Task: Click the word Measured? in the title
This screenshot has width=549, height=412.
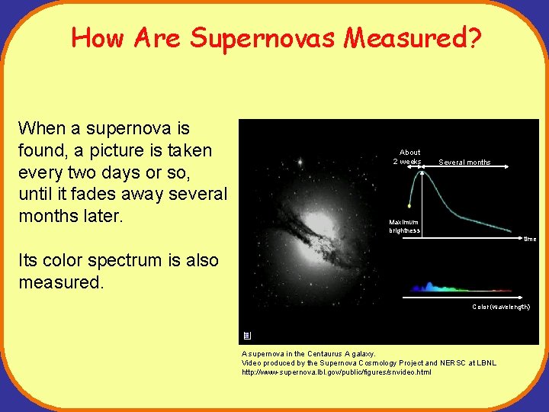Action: click(x=413, y=37)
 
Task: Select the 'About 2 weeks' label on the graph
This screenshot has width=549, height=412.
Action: click(x=408, y=156)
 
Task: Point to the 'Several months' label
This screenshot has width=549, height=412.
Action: click(x=464, y=163)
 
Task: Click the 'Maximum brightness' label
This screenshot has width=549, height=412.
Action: click(x=404, y=227)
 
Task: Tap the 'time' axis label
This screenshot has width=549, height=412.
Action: click(x=529, y=239)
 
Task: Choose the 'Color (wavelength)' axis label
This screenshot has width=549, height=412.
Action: click(x=500, y=307)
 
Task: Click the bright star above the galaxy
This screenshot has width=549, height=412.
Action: click(x=301, y=163)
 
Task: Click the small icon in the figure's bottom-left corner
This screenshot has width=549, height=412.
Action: click(x=246, y=336)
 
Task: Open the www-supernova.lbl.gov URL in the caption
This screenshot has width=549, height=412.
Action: click(x=336, y=372)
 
